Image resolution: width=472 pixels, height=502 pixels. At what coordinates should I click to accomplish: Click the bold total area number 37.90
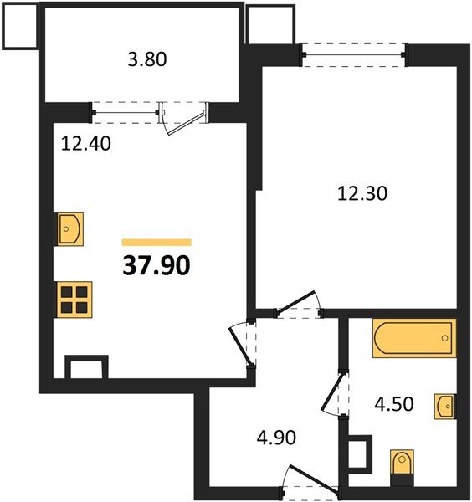coord(156,266)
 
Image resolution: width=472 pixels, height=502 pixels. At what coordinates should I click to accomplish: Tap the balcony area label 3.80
coord(147,59)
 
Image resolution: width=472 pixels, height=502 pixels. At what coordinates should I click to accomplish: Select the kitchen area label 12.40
coord(86,143)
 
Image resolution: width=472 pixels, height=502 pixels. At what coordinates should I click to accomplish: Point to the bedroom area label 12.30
coord(362,194)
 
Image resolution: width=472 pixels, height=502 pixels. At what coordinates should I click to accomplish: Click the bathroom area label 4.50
coord(394,404)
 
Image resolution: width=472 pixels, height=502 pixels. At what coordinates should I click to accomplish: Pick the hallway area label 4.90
coord(276,438)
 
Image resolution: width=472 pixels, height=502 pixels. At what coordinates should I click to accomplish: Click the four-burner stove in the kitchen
coord(74,300)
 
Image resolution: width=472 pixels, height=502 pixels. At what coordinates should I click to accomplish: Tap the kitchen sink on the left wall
coord(70,229)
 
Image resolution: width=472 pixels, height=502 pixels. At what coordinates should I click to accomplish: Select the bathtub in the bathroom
coord(414,338)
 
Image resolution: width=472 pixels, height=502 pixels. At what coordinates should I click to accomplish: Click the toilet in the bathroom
coord(402,467)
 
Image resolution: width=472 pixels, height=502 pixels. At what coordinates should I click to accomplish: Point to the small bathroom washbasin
coord(444,407)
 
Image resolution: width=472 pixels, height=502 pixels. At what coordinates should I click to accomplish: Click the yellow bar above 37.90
coord(156,243)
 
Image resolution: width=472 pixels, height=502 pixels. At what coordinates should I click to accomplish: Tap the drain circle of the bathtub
coord(444,338)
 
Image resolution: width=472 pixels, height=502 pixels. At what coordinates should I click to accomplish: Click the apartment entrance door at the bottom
coord(309,482)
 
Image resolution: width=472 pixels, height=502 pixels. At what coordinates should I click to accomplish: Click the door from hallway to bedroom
coord(299,305)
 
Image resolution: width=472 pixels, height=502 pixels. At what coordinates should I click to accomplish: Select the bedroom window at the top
coord(354,54)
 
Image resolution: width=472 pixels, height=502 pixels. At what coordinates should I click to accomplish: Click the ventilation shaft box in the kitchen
coord(86,367)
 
